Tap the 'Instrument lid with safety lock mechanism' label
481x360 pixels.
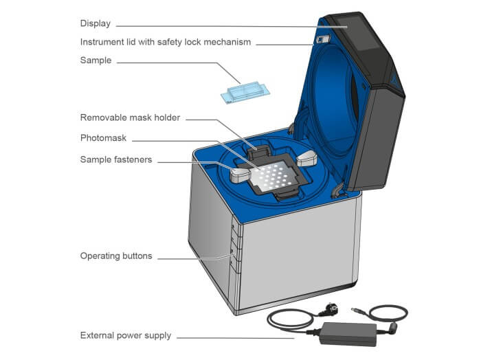pos(166,42)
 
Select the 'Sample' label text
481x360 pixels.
pos(96,61)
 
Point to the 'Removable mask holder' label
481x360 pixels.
pos(130,117)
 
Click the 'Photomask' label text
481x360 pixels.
pos(103,138)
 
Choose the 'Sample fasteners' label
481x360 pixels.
pos(116,160)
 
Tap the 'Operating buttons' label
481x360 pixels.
pos(116,256)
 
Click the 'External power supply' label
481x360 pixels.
pos(125,336)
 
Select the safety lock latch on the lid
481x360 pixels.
pos(320,40)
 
